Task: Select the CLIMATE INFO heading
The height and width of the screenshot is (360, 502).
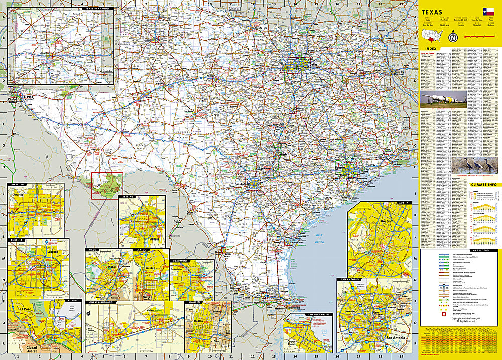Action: pyautogui.click(x=484, y=185)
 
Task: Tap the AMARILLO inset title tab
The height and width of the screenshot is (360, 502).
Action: pyautogui.click(x=17, y=185)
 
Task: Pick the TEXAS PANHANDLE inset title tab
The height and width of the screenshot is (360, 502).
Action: pyautogui.click(x=96, y=9)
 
